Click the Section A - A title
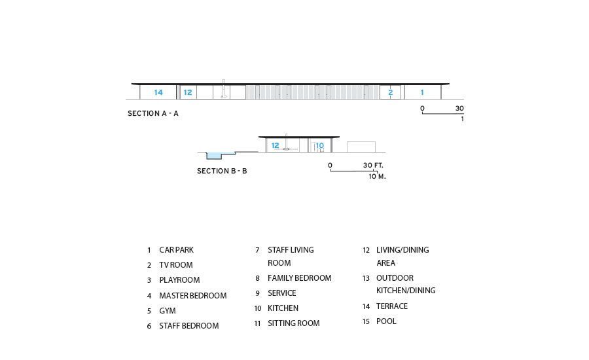click(152, 113)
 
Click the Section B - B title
click(222, 171)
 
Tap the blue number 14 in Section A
click(158, 92)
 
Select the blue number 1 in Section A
click(422, 92)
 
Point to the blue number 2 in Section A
click(390, 92)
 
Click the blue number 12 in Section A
click(188, 92)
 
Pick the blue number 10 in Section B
click(319, 145)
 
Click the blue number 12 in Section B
click(275, 145)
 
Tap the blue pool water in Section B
click(215, 156)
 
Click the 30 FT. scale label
click(373, 166)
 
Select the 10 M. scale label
click(377, 176)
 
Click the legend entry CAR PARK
click(176, 250)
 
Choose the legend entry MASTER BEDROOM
click(192, 296)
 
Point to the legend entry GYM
click(168, 311)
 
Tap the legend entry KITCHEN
click(283, 308)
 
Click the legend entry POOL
click(386, 321)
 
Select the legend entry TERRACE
click(391, 306)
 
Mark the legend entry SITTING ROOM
click(293, 323)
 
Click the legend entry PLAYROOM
click(179, 280)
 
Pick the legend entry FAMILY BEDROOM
click(299, 278)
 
